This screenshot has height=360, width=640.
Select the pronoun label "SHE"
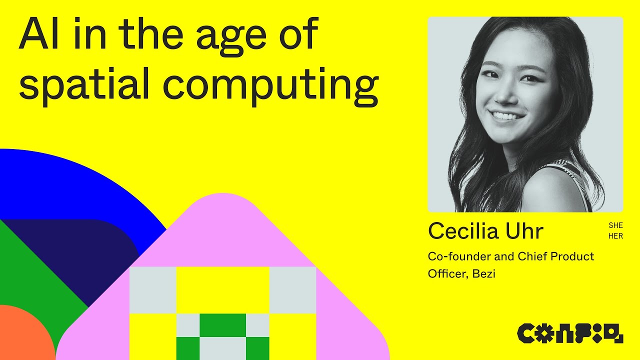tap(615, 226)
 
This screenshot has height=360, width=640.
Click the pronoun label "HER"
tap(615, 236)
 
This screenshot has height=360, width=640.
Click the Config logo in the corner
tap(570, 333)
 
